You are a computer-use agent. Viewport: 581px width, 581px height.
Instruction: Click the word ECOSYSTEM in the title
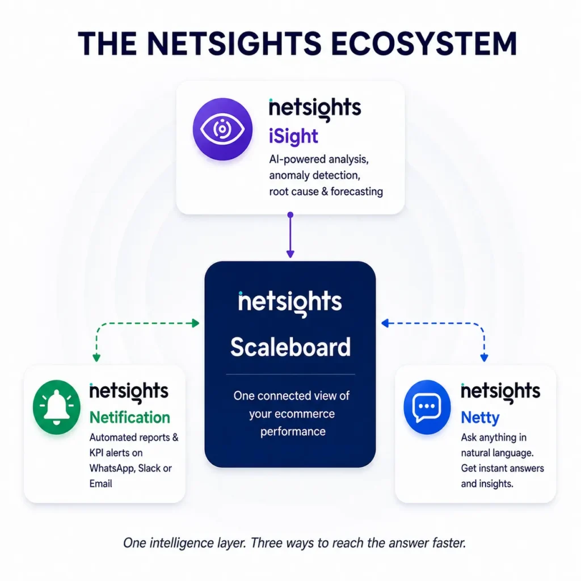[x=423, y=43]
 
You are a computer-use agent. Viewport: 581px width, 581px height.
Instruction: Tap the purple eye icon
[x=222, y=129]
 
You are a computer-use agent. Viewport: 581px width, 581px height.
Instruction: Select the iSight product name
[x=293, y=136]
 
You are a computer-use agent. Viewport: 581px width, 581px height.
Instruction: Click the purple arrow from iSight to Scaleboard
[x=290, y=235]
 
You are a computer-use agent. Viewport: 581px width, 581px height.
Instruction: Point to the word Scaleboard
[x=290, y=347]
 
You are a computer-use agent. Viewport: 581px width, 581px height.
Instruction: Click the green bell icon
[x=56, y=407]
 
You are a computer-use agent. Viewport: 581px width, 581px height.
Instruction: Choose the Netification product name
[x=130, y=418]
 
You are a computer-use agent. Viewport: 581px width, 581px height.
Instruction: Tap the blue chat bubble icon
[x=427, y=407]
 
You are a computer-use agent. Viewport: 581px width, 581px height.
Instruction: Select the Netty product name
[x=480, y=418]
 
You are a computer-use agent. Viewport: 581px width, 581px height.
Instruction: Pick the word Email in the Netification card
[x=101, y=483]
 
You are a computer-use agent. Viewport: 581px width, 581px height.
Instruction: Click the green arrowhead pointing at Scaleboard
[x=195, y=323]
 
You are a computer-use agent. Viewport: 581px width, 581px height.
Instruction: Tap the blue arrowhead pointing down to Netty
[x=484, y=357]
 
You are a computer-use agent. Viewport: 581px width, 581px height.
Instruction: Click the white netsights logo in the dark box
[x=290, y=303]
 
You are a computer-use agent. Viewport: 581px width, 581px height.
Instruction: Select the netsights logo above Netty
[x=500, y=393]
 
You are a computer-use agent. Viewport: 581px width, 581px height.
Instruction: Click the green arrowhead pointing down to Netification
[x=96, y=357]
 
